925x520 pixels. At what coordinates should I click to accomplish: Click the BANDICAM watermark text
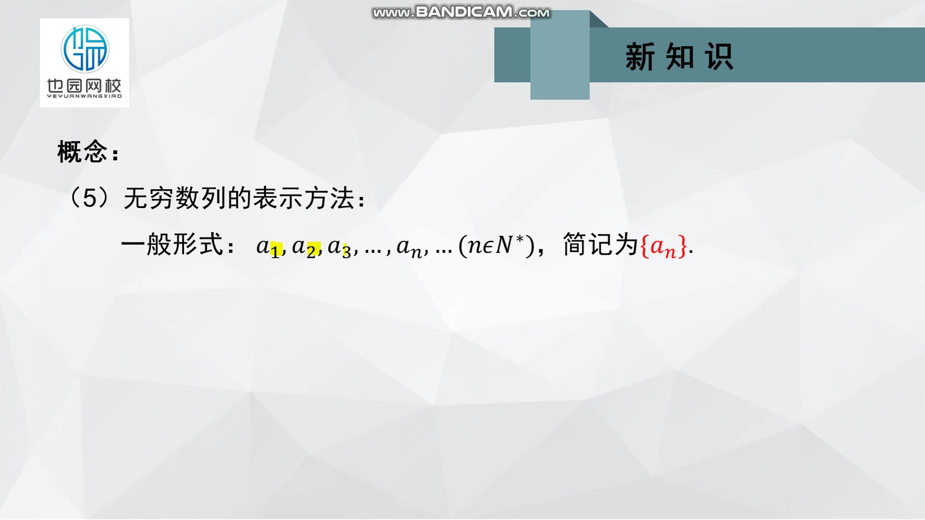pyautogui.click(x=461, y=12)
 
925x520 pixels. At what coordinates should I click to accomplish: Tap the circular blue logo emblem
pyautogui.click(x=85, y=49)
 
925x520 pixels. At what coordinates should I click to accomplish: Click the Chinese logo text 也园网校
pyautogui.click(x=84, y=86)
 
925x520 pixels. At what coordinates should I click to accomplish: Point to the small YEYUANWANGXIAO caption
pyautogui.click(x=84, y=96)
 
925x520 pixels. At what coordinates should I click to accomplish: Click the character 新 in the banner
pyautogui.click(x=640, y=57)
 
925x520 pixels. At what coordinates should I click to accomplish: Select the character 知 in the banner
pyautogui.click(x=680, y=57)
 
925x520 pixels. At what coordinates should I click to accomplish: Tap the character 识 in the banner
pyautogui.click(x=719, y=57)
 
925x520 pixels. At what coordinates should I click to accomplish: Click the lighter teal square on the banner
pyautogui.click(x=560, y=55)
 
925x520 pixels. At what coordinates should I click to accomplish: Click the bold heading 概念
pyautogui.click(x=82, y=152)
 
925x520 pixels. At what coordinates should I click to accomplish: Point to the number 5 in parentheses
pyautogui.click(x=90, y=198)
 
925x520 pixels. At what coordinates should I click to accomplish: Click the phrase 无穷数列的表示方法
pyautogui.click(x=239, y=198)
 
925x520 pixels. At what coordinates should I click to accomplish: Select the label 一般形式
pyautogui.click(x=172, y=245)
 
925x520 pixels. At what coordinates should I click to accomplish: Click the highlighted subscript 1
pyautogui.click(x=275, y=251)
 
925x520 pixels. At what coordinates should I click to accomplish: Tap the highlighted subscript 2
pyautogui.click(x=312, y=251)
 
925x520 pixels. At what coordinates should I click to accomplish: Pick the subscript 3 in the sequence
pyautogui.click(x=346, y=251)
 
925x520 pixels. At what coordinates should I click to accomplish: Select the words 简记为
pyautogui.click(x=600, y=245)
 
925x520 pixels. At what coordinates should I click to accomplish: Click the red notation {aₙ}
pyautogui.click(x=663, y=247)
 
